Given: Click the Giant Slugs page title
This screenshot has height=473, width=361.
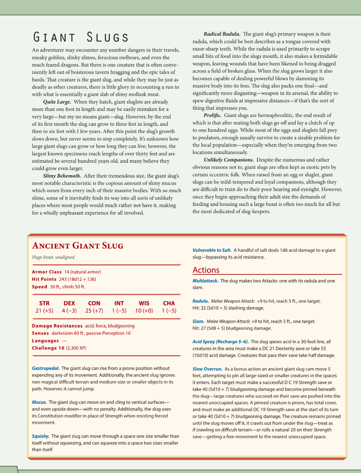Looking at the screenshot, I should point(81,37).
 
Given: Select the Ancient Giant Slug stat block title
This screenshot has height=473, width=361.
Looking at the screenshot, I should point(78,245).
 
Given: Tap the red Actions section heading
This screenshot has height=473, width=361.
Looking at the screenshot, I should point(206,270).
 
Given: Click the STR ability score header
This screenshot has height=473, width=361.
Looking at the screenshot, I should point(44,303).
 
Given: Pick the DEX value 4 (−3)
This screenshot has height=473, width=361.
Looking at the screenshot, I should point(69,311).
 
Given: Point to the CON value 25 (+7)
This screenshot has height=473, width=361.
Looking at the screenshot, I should point(94,311).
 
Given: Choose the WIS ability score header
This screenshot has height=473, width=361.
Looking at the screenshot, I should point(144,303).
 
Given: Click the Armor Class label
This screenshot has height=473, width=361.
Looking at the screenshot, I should point(47,272).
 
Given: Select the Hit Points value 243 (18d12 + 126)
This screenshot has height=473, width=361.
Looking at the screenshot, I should point(78,279).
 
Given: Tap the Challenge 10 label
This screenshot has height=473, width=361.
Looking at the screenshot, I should point(48,348).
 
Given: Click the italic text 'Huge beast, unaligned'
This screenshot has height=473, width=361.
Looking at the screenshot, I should point(53,257).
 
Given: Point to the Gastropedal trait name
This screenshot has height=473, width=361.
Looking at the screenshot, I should point(46,368).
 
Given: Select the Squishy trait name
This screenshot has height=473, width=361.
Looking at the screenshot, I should point(40,436).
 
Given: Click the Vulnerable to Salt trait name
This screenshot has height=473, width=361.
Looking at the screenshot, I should point(212,250).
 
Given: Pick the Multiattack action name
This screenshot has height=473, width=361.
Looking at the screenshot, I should point(205,281).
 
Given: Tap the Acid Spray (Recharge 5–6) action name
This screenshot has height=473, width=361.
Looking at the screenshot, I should point(220,342).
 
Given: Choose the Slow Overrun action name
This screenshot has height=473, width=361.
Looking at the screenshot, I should point(207,369).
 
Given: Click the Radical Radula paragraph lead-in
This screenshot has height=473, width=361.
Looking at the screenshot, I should point(222,34).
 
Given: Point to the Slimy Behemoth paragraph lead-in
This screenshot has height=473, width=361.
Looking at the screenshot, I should point(62,176).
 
